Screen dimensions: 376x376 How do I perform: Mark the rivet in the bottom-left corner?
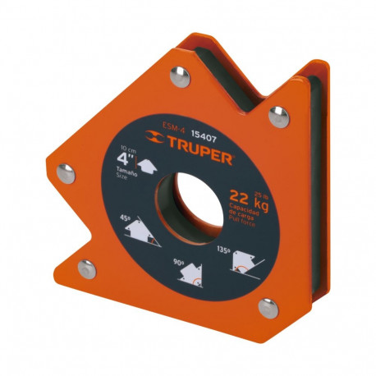pyautogui.click(x=85, y=267)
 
